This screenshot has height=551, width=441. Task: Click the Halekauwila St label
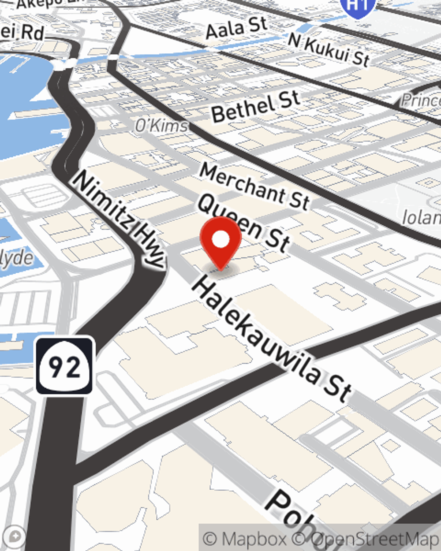click(x=271, y=339)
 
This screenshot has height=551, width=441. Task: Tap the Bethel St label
click(x=256, y=106)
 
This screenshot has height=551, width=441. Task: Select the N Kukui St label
click(x=329, y=50)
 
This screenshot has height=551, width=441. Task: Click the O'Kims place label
click(x=161, y=126)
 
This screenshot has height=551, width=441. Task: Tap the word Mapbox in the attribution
click(x=254, y=539)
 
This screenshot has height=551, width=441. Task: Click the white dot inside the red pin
click(x=220, y=239)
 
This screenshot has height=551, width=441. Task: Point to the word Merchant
click(x=242, y=181)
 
